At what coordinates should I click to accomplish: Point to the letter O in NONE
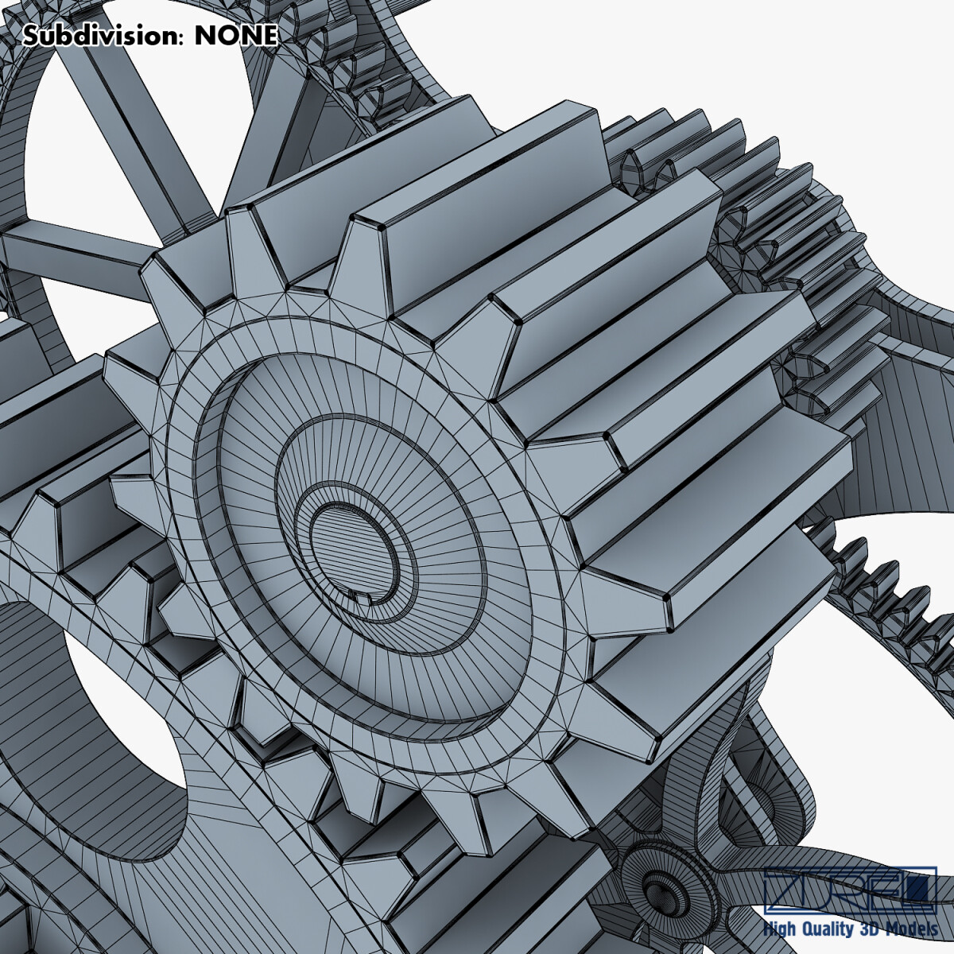pos(226,36)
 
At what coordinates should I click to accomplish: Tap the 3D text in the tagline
pos(876,929)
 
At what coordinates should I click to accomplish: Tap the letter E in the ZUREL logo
pos(878,890)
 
